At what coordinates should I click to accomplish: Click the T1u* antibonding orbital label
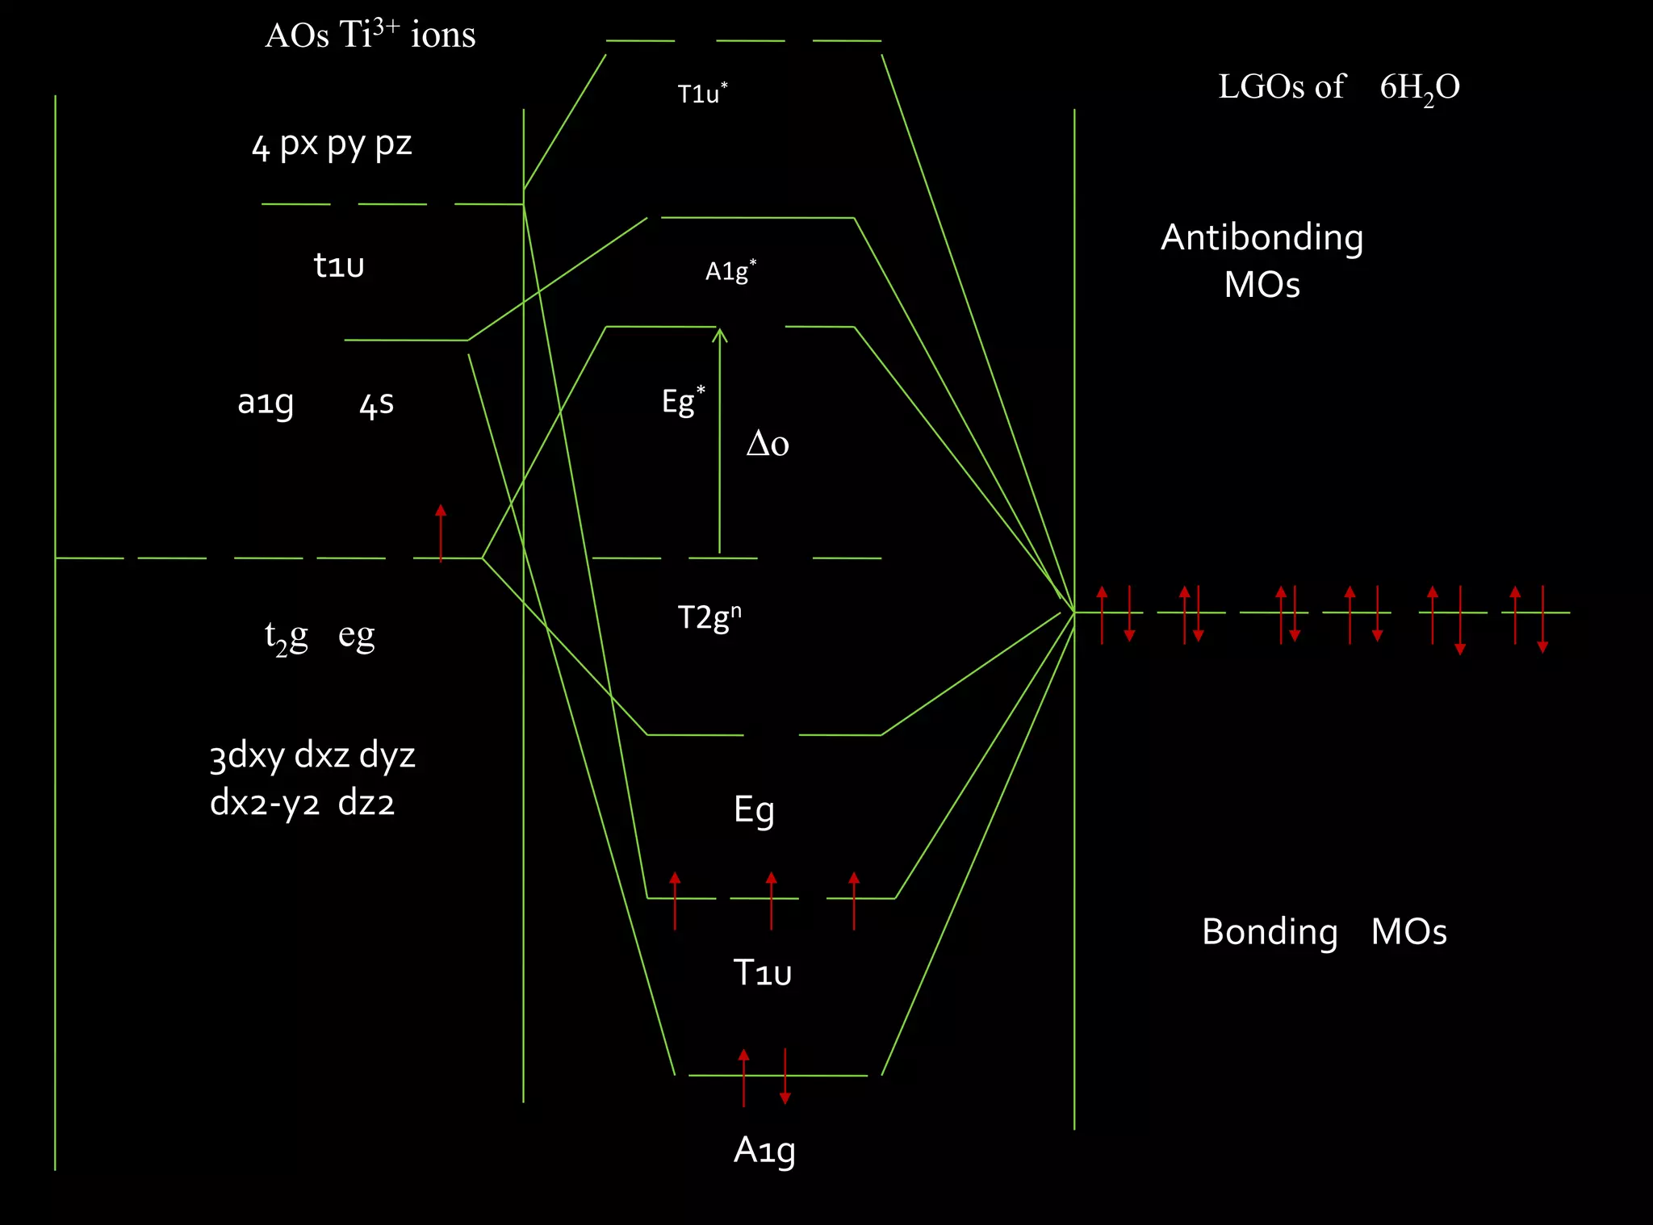click(x=702, y=94)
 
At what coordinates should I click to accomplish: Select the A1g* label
click(x=730, y=271)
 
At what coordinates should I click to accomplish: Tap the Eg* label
click(x=683, y=401)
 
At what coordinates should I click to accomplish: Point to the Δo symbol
click(x=768, y=444)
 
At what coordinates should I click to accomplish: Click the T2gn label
click(x=709, y=617)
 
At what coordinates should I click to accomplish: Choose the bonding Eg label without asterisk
click(x=754, y=809)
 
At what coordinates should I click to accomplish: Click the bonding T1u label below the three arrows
click(x=762, y=972)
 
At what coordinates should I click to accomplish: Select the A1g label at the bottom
click(x=764, y=1151)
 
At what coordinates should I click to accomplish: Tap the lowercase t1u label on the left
click(x=339, y=265)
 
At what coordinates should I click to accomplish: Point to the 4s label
click(x=377, y=403)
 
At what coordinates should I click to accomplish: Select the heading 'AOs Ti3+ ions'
click(x=370, y=36)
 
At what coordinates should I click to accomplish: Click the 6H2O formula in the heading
click(x=1420, y=87)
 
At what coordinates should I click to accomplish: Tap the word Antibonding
click(x=1262, y=238)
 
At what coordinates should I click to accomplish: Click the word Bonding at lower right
click(x=1270, y=932)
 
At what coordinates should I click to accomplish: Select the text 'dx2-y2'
click(x=265, y=804)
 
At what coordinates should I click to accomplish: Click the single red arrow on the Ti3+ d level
click(x=441, y=533)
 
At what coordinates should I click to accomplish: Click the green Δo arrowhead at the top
click(x=720, y=333)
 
